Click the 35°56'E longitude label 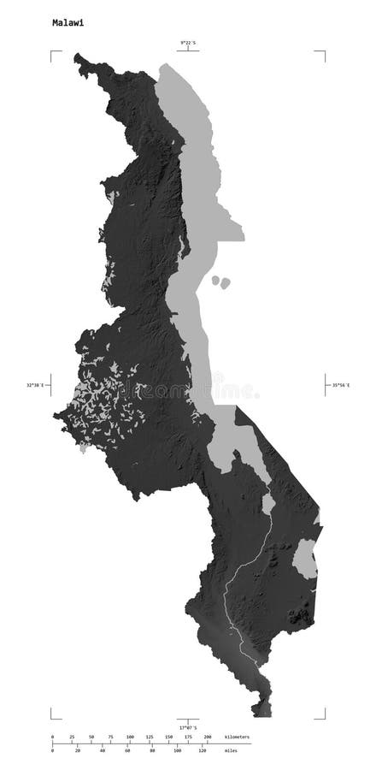pos(342,386)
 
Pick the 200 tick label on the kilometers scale pos(207,736)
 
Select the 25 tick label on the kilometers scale pos(71,736)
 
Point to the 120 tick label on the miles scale pos(203,750)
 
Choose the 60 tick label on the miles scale pos(127,750)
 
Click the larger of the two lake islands pos(226,281)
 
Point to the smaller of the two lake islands pos(214,278)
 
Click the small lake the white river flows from pos(267,503)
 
